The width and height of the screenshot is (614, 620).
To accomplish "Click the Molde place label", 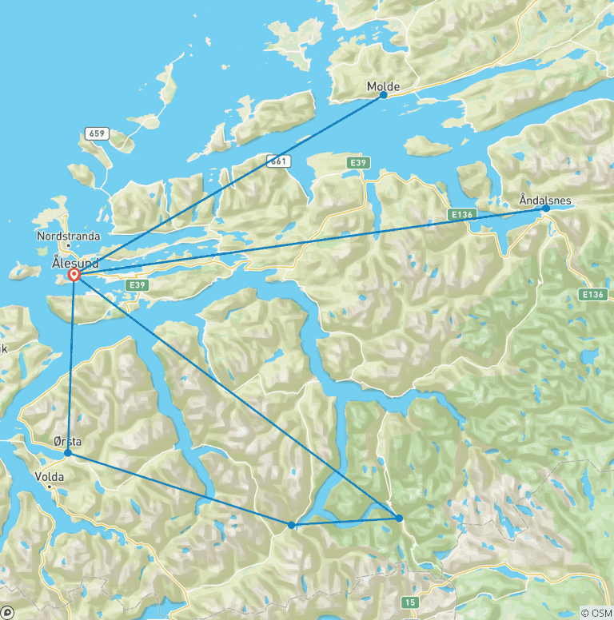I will coord(383,86).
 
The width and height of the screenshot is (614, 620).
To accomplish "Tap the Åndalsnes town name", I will coord(545,200).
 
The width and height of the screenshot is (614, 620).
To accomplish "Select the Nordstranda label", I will coord(68,236).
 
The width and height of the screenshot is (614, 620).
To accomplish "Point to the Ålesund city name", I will coord(74,261).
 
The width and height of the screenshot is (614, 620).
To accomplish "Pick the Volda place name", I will coord(50,477).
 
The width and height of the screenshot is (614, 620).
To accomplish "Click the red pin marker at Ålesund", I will coord(74,275).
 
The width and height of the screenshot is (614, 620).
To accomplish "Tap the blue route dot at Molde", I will coord(383,95).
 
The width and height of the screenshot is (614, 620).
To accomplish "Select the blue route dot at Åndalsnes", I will coord(545,209).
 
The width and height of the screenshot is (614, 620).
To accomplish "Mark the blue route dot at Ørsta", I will coord(68,453).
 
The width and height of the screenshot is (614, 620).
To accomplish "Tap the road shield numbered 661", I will coord(276,161).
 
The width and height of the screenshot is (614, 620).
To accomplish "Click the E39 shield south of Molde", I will coord(359,163).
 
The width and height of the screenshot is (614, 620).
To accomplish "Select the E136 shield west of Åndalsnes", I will coord(460,216).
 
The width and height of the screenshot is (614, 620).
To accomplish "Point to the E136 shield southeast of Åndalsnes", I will coord(592,295).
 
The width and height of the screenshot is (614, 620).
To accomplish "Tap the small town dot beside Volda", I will coord(50,486).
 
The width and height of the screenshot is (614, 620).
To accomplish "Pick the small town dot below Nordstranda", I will coord(68,245).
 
